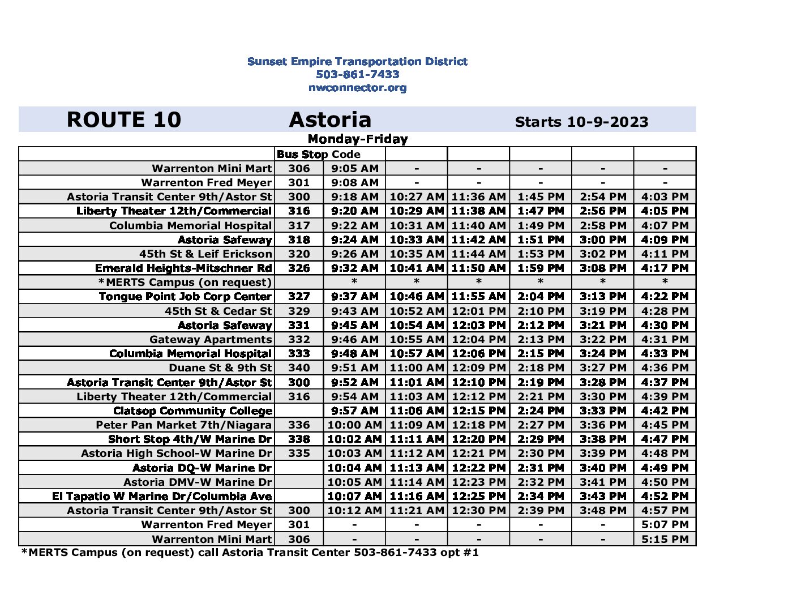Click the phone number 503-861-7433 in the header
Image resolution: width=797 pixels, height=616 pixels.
coord(357,74)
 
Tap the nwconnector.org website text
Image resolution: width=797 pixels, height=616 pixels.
coord(357,88)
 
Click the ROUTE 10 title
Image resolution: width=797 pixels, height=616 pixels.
coord(123,119)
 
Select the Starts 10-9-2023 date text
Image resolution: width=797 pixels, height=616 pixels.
coord(581,122)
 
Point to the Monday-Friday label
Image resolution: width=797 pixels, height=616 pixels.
coord(357,139)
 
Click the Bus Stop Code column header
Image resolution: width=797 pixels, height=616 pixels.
coord(318,154)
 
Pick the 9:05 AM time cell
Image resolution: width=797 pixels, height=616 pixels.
coord(354,168)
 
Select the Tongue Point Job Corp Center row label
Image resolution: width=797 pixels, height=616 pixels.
coord(185,296)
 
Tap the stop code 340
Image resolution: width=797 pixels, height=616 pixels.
coord(299,367)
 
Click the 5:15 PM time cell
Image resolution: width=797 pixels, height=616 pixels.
coord(665,539)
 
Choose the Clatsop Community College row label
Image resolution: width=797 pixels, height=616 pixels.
coord(192,410)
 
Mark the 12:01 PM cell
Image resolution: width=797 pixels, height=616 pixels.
coord(478,311)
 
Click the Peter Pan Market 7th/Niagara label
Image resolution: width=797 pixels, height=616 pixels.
coord(183,425)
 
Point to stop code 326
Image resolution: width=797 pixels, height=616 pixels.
coord(299,268)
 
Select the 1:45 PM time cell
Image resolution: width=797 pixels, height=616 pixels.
coord(541,196)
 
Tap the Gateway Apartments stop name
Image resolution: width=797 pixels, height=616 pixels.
coord(211,339)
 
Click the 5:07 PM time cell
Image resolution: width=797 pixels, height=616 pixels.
coord(665,524)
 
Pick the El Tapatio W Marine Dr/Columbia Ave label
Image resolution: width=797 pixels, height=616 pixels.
coord(162,496)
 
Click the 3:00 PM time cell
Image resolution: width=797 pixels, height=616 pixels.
coord(603,239)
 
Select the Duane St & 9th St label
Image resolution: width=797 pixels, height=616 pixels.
coord(220,367)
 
